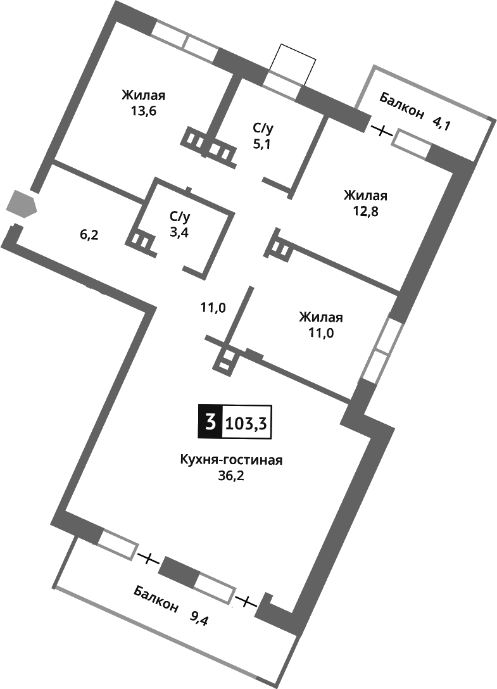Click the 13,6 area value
click(143, 111)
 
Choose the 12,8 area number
click(365, 210)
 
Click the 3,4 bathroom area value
click(179, 232)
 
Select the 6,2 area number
click(89, 234)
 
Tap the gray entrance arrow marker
click(21, 205)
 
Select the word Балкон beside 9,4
click(155, 599)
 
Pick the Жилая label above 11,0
click(321, 317)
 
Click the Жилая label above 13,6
click(144, 96)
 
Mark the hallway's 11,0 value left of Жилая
click(213, 308)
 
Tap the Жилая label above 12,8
click(365, 195)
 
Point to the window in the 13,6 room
click(185, 42)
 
